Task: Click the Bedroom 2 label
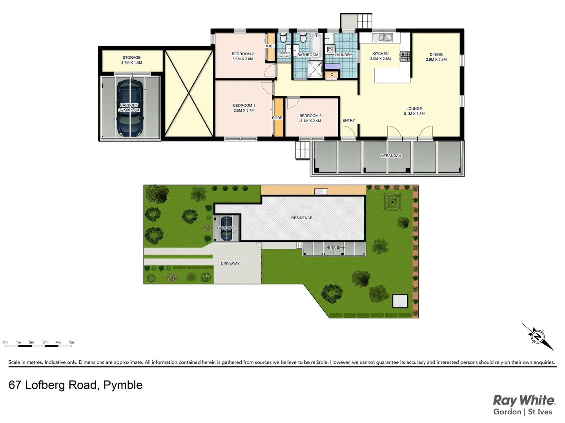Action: coord(242,54)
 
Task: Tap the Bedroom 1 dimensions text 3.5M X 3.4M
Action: coord(244,110)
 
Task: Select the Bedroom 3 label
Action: coord(310,116)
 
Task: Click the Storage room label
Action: coord(131,58)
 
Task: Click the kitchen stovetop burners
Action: coord(405,57)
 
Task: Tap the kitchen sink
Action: coord(382,38)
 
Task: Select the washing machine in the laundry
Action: coord(330,50)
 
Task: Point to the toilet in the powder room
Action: coord(284,39)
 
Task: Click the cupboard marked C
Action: coord(332,74)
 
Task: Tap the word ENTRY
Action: coord(348,121)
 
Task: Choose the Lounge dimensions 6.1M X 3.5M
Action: coord(414,114)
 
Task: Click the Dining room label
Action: coord(436,55)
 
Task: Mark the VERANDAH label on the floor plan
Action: coord(391,156)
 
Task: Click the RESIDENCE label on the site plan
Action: coord(302,218)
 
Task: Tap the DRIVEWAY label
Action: coord(230,264)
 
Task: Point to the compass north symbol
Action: coord(537,336)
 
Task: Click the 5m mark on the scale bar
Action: coord(71,343)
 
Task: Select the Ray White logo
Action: coord(524,401)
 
